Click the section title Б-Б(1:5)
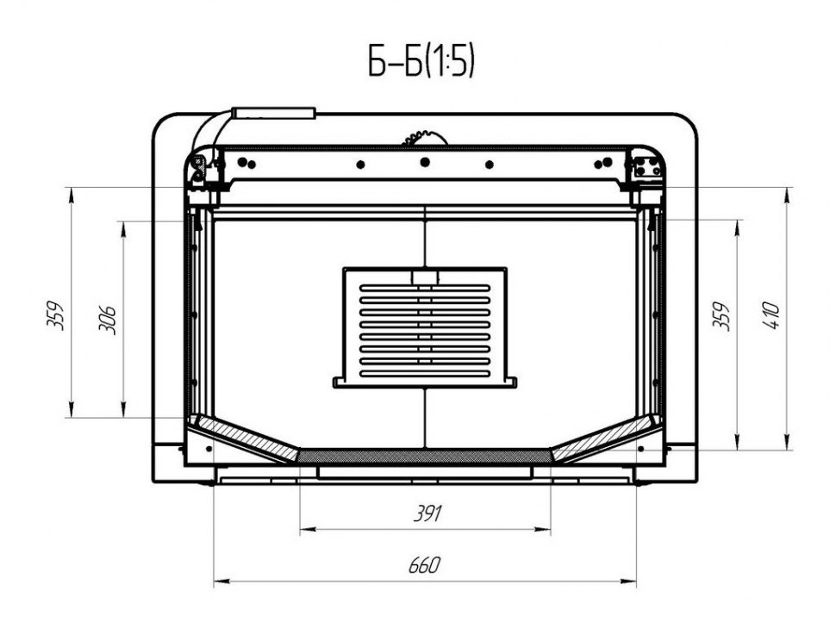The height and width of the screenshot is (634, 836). tap(421, 60)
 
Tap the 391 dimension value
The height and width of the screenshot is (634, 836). tap(428, 513)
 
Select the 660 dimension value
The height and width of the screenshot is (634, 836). tap(425, 565)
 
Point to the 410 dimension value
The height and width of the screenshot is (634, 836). tap(771, 315)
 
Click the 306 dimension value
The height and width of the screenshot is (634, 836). tap(107, 320)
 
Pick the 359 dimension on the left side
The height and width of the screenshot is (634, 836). tap(55, 316)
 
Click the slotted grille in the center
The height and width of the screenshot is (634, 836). tap(425, 327)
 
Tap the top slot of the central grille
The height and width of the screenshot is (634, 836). tap(425, 289)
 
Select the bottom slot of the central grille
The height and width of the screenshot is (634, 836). tap(425, 374)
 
